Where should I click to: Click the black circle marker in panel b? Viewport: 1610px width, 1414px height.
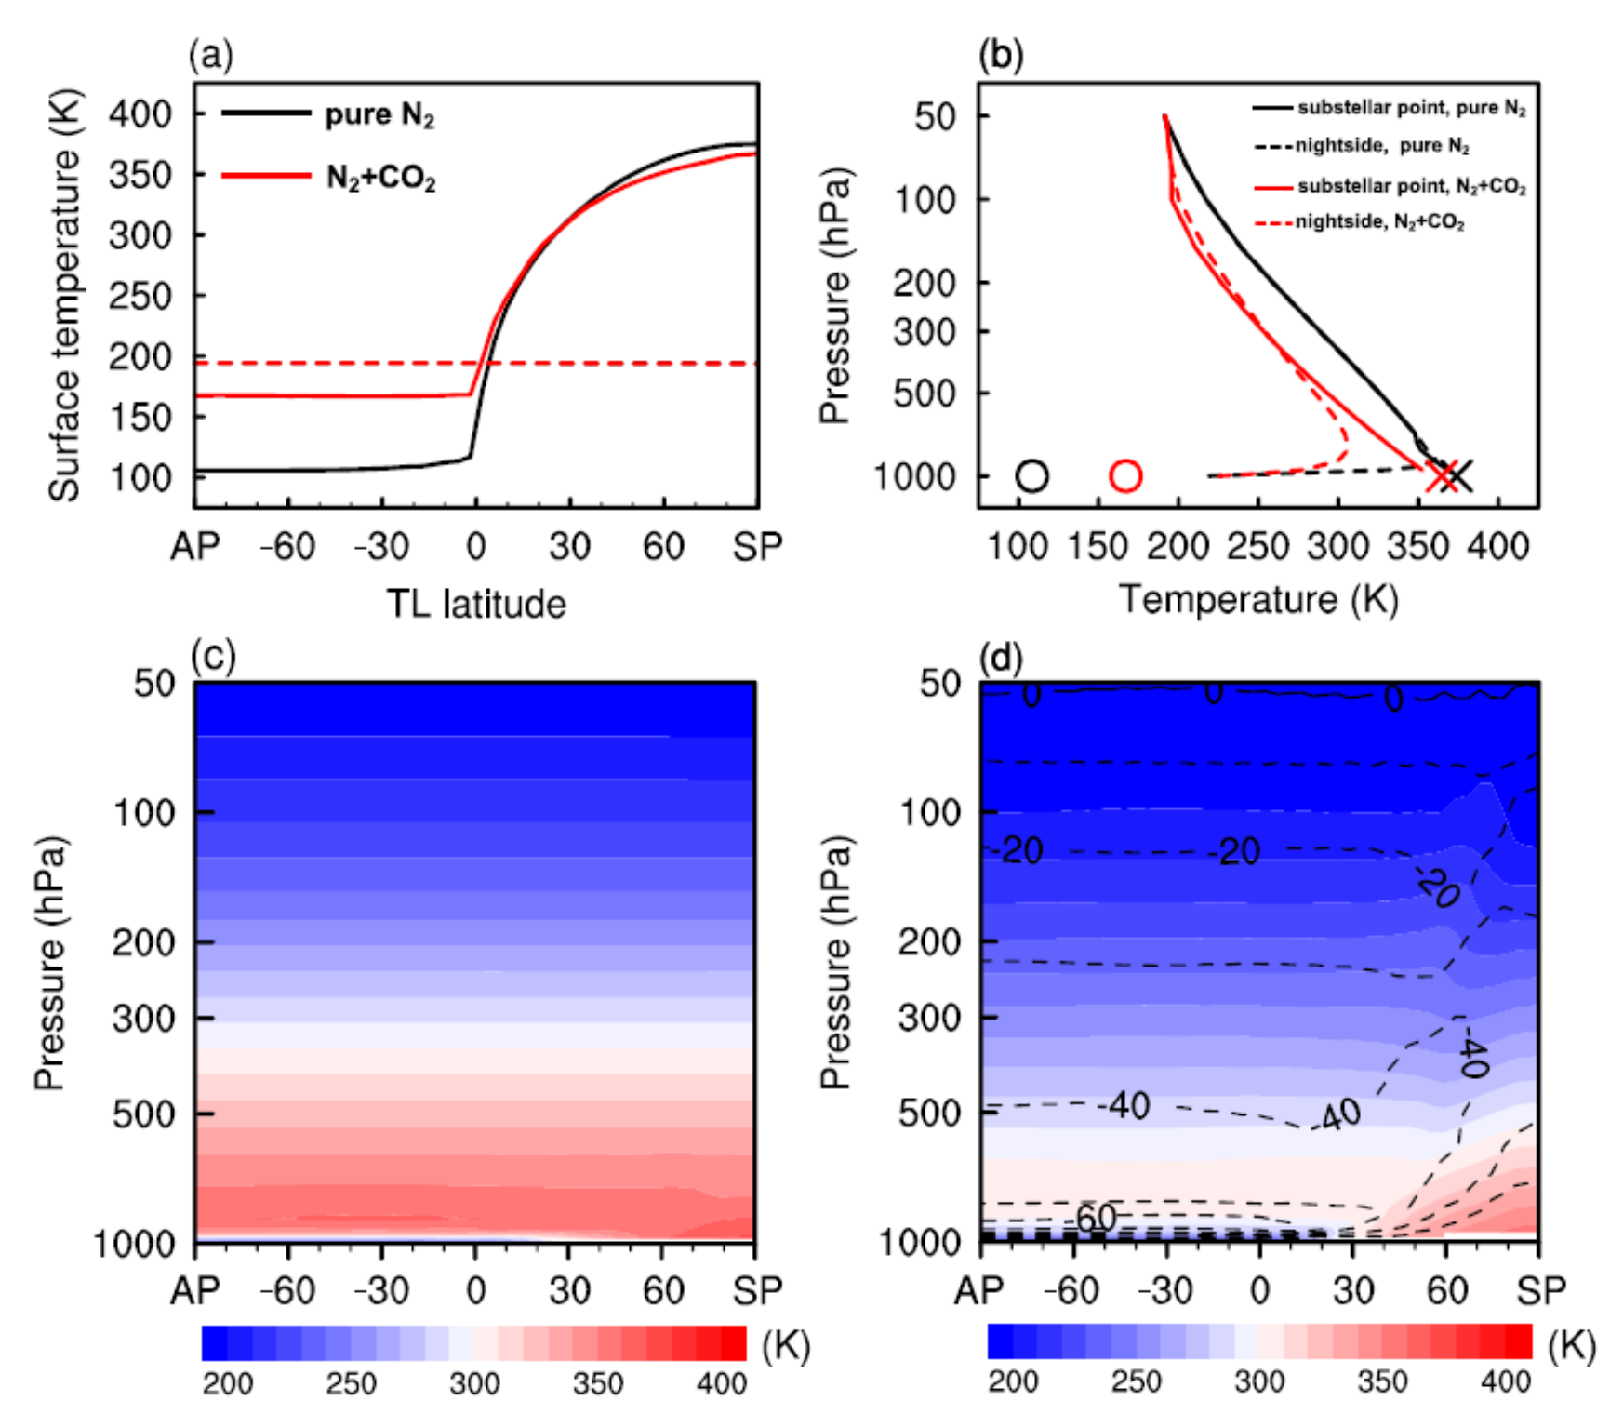click(x=1032, y=475)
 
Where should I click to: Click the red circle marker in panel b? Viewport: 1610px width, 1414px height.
click(x=1125, y=475)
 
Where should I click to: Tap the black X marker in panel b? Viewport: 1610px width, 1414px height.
click(x=1459, y=475)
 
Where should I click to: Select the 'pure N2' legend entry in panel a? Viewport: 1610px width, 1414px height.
click(x=379, y=115)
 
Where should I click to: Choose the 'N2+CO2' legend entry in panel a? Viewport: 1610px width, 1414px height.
click(x=380, y=178)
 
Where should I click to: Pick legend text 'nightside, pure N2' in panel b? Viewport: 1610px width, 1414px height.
click(x=1382, y=146)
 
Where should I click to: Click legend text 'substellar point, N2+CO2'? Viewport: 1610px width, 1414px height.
click(x=1412, y=186)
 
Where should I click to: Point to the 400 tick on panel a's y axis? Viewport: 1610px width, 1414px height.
click(x=140, y=114)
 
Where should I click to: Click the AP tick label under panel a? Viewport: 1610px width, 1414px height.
click(x=194, y=547)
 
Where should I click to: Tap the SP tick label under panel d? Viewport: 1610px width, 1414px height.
click(x=1541, y=1290)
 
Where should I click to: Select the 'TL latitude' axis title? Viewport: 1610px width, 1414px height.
click(x=475, y=605)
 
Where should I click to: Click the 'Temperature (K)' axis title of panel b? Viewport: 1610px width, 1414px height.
click(x=1258, y=599)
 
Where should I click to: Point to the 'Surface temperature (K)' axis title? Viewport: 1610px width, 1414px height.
click(x=65, y=296)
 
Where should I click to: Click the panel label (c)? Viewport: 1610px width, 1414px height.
click(x=213, y=657)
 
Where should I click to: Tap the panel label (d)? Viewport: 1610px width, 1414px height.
click(x=1001, y=658)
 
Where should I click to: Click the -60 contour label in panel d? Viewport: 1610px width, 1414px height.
click(x=1095, y=1217)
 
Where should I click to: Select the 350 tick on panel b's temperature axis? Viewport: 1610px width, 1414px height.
click(x=1417, y=546)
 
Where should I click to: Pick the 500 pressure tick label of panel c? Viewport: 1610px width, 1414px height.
click(x=143, y=1114)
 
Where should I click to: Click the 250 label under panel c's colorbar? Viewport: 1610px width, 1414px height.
click(x=351, y=1384)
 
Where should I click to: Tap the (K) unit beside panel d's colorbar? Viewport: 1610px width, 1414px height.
click(x=1572, y=1345)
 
